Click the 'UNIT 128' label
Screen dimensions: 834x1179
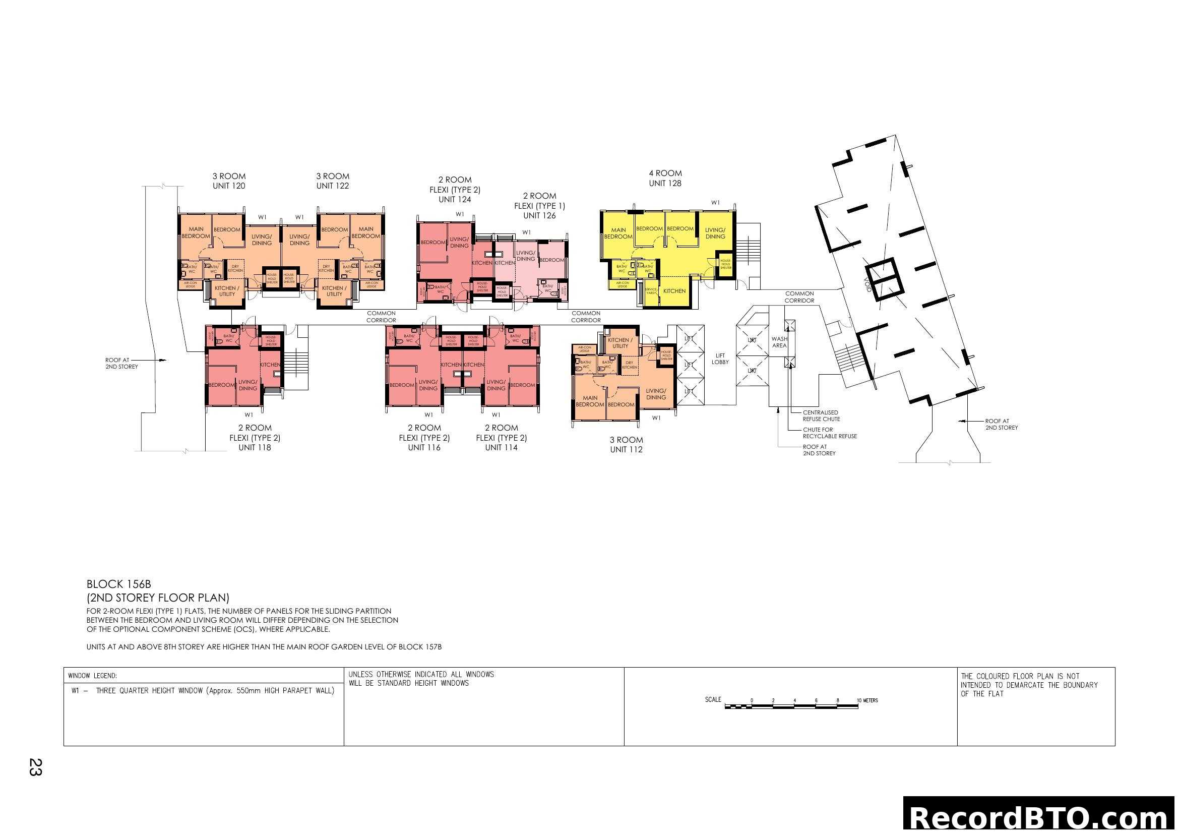664,184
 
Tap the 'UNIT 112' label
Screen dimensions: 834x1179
626,449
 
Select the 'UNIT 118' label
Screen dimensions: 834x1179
254,447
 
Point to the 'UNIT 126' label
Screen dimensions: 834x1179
539,216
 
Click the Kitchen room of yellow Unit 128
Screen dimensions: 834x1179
674,290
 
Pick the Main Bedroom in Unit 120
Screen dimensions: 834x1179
196,232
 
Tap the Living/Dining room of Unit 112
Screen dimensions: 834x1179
656,394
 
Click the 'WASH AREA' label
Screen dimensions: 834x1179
779,342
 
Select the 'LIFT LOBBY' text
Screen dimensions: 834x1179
720,359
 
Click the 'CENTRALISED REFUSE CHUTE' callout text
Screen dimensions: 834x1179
821,415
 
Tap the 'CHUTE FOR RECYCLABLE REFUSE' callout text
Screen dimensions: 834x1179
829,433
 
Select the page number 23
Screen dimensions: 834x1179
35,767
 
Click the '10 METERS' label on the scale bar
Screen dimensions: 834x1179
867,700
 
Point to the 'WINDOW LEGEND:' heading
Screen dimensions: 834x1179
92,676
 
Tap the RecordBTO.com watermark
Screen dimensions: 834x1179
1039,816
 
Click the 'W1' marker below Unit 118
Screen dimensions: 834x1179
249,415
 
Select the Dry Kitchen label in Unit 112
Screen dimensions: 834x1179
629,365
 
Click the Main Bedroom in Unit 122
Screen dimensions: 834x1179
365,232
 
